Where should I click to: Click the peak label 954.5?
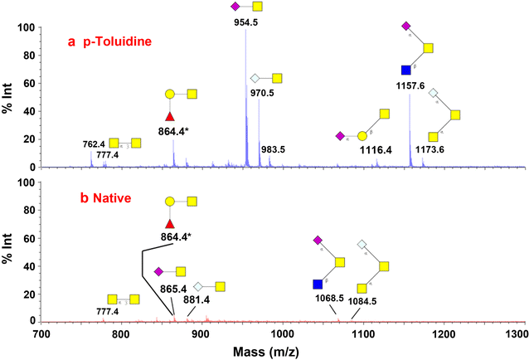(245, 22)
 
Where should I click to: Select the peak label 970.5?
(264, 94)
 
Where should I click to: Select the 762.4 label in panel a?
(94, 143)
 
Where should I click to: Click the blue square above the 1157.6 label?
(405, 71)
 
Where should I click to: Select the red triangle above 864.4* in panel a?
(170, 116)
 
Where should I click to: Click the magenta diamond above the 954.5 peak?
(235, 7)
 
